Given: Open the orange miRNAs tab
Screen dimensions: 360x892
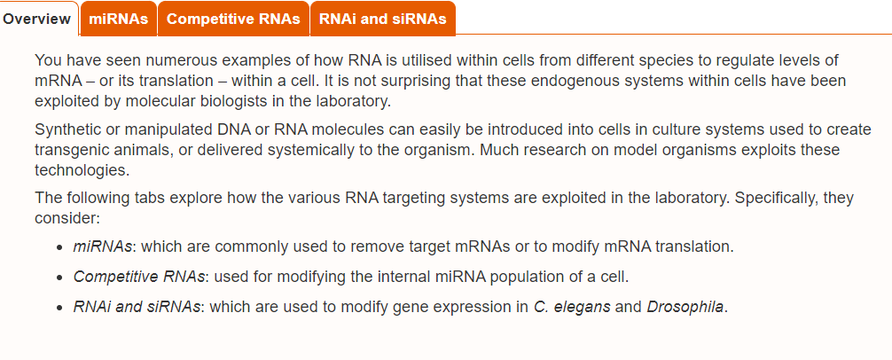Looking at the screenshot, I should click(x=118, y=19).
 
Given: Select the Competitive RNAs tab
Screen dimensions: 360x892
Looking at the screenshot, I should click(x=233, y=19).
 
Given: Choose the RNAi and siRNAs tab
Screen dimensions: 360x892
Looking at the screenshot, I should click(x=383, y=19).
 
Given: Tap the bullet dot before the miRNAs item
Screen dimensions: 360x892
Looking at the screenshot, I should click(x=59, y=247).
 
